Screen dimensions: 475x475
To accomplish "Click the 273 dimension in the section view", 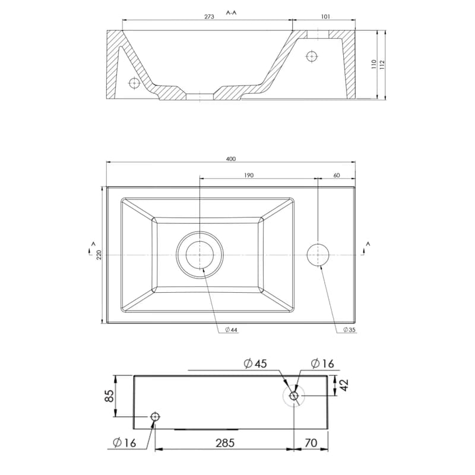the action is pyautogui.click(x=209, y=17).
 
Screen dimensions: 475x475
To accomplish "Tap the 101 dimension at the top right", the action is pyautogui.click(x=325, y=17).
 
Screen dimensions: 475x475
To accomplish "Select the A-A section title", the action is pyautogui.click(x=231, y=12).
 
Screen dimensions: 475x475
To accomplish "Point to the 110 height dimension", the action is pyautogui.click(x=373, y=64).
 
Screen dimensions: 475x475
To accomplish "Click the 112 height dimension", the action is pyautogui.click(x=382, y=64).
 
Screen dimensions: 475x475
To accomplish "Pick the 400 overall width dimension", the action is pyautogui.click(x=231, y=159).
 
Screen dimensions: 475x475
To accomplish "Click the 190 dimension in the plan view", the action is pyautogui.click(x=248, y=175).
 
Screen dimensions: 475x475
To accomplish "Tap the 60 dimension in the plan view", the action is pyautogui.click(x=336, y=175).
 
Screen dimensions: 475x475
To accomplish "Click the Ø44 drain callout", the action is pyautogui.click(x=231, y=330).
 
